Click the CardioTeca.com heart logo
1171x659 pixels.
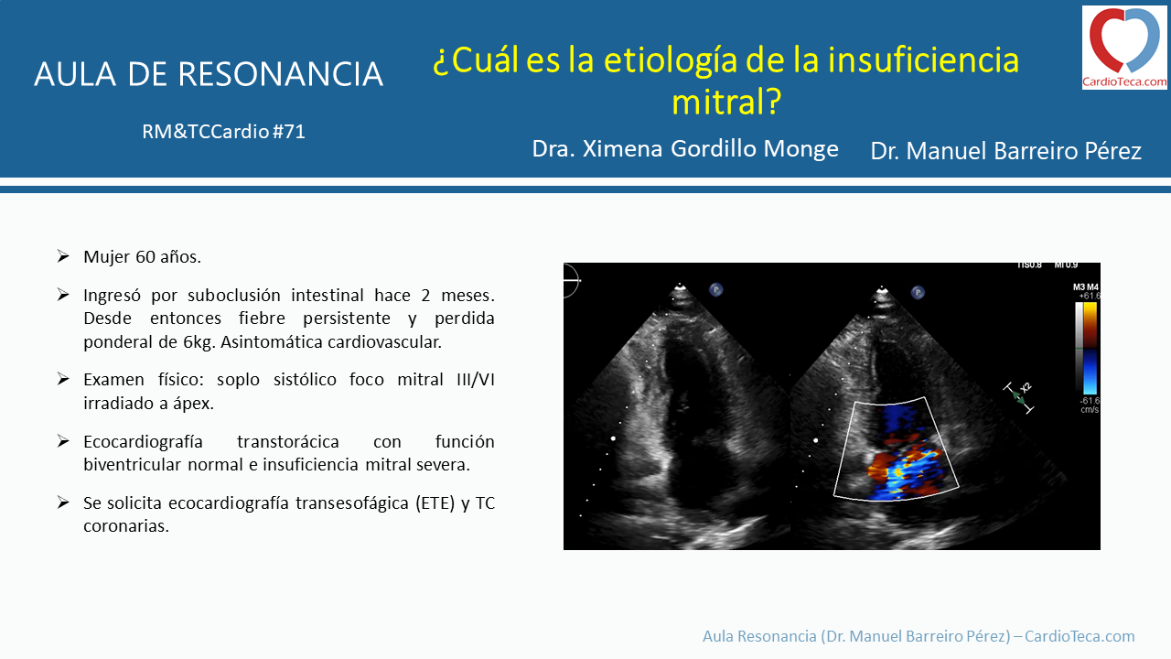point(1124,47)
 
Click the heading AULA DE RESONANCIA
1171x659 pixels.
point(209,74)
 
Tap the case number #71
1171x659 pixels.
point(288,131)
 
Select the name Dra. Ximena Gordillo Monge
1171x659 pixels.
point(685,149)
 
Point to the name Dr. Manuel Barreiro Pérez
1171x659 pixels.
point(1005,151)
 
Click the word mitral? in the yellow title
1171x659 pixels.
point(726,101)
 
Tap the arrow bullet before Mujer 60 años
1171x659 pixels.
point(63,256)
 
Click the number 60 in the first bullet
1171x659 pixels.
point(145,257)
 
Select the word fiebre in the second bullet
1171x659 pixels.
point(262,318)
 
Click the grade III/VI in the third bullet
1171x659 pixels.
point(475,379)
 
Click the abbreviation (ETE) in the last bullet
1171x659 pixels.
point(435,503)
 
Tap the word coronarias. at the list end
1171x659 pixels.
point(126,525)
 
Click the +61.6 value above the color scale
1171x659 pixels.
point(1090,296)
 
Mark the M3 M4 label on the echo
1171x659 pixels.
point(1085,287)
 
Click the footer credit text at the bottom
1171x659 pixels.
point(919,636)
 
